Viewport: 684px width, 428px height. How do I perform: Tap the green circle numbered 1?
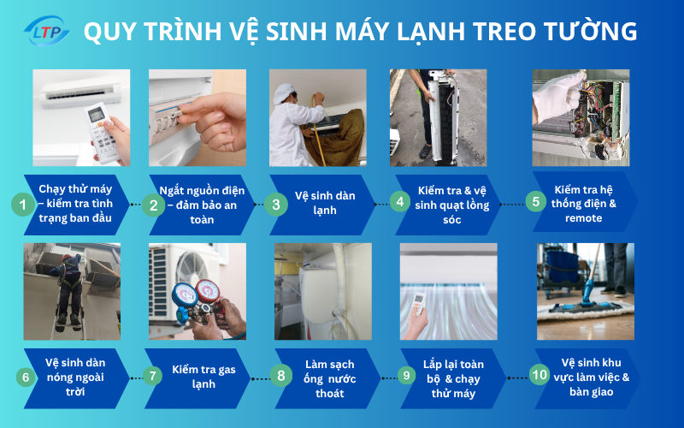pyautogui.click(x=23, y=205)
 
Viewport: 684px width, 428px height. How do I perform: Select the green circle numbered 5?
pyautogui.click(x=535, y=202)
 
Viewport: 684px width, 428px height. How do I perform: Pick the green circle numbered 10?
pyautogui.click(x=539, y=374)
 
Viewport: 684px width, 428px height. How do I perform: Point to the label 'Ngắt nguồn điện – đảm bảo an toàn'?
pyautogui.click(x=193, y=205)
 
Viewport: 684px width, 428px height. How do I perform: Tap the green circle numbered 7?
pyautogui.click(x=152, y=375)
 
